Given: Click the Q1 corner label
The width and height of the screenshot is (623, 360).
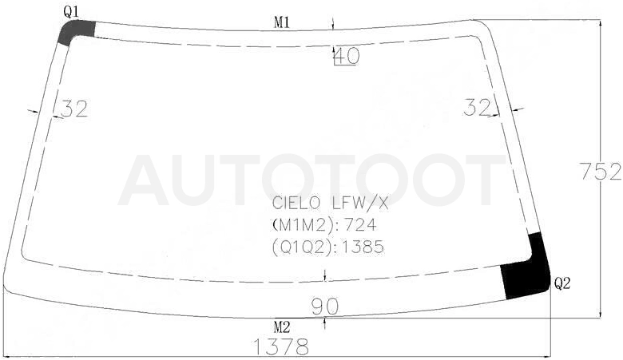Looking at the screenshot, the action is (71, 12).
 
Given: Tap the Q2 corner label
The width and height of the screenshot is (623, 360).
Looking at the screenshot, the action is (561, 283).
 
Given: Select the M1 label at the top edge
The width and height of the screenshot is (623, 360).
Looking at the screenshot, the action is (282, 23).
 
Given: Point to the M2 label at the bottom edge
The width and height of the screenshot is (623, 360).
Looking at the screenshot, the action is (282, 327).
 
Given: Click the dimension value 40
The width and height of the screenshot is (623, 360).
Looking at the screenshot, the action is (347, 56).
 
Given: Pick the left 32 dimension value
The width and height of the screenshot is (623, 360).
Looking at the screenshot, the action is (74, 109).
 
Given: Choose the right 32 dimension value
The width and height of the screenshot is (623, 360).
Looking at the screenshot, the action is (477, 107).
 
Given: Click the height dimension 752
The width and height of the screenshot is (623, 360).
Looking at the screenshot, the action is (601, 172).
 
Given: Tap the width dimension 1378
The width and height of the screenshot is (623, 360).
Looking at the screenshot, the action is (281, 346).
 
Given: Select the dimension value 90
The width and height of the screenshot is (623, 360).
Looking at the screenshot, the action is (325, 307).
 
